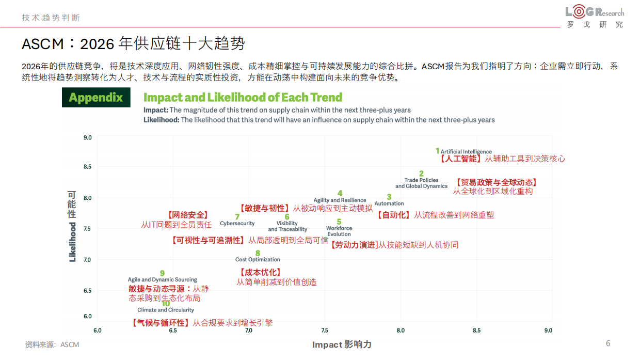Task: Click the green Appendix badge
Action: pyautogui.click(x=96, y=98)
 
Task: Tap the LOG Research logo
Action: pyautogui.click(x=595, y=17)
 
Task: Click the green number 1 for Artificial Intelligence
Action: pyautogui.click(x=437, y=151)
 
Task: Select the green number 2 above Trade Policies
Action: pyautogui.click(x=421, y=174)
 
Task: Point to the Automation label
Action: pyautogui.click(x=389, y=204)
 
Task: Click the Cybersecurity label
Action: pyautogui.click(x=237, y=224)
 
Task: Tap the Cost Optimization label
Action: pyautogui.click(x=258, y=260)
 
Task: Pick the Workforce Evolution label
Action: pyautogui.click(x=339, y=231)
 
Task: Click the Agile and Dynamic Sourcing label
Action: pyautogui.click(x=163, y=280)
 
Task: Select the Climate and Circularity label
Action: pyautogui.click(x=166, y=310)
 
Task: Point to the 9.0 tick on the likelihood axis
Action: pyautogui.click(x=87, y=138)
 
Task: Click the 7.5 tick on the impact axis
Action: pyautogui.click(x=325, y=331)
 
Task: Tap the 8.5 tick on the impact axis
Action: pyautogui.click(x=476, y=331)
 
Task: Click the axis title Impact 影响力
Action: pyautogui.click(x=342, y=345)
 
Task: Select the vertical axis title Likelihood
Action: pyautogui.click(x=72, y=242)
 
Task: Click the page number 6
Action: pyautogui.click(x=608, y=343)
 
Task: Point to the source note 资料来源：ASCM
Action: pyautogui.click(x=52, y=345)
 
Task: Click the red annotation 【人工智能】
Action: pyautogui.click(x=460, y=159)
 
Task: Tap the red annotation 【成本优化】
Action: pyautogui.click(x=260, y=272)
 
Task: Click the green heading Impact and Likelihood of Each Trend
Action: pyautogui.click(x=243, y=97)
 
